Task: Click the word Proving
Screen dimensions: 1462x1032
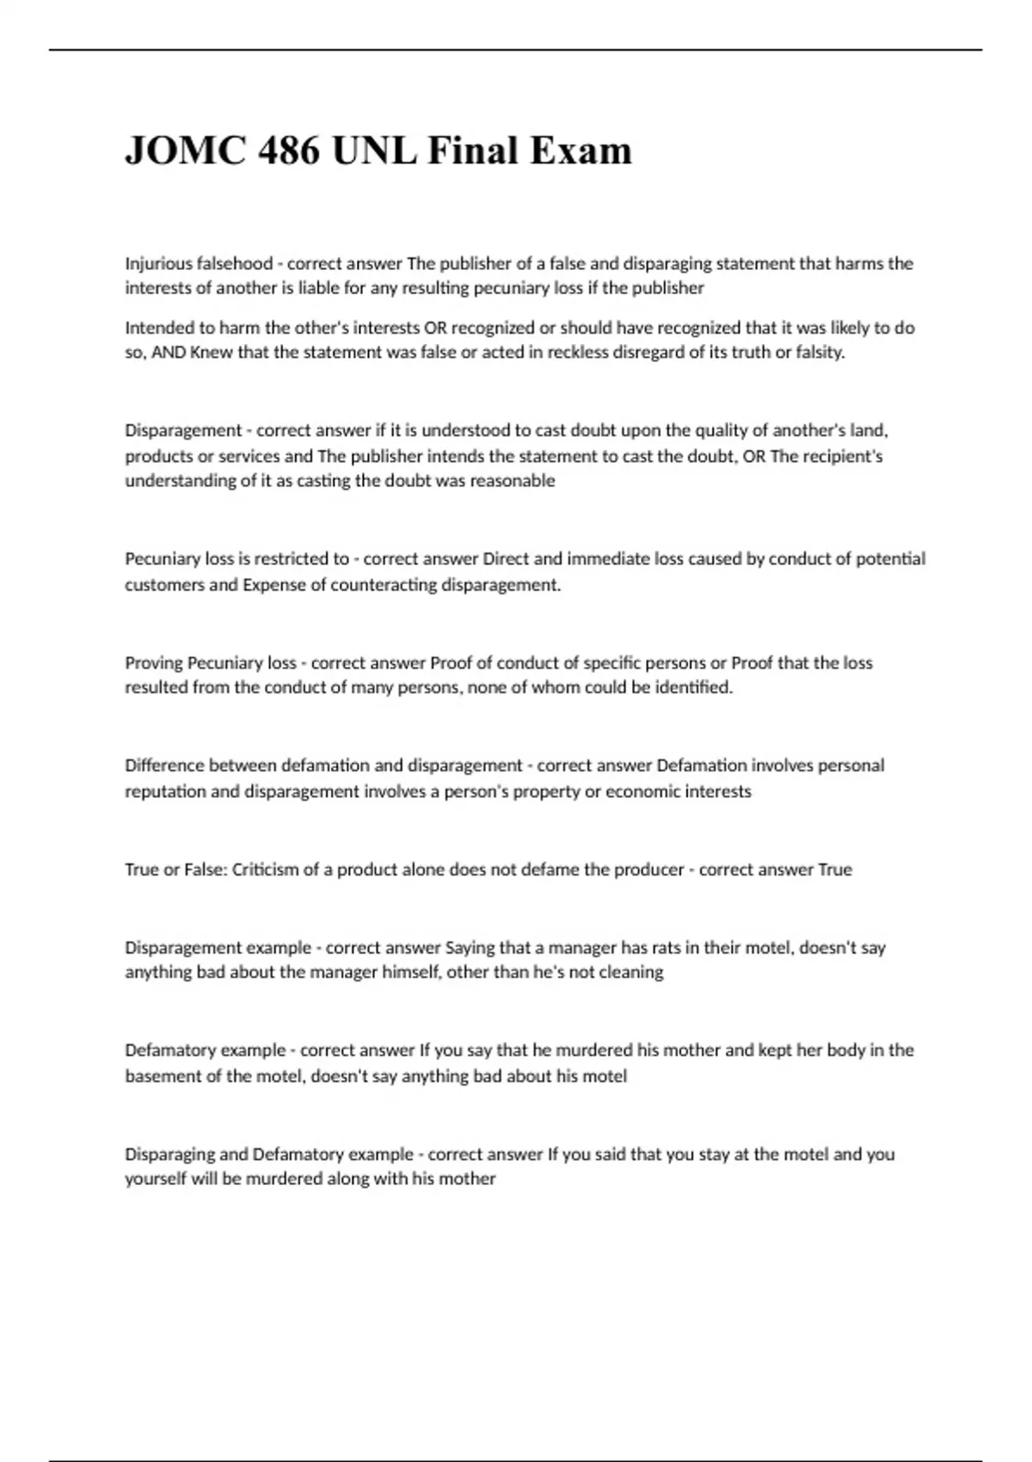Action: pos(154,663)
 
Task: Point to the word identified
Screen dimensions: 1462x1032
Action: pos(693,688)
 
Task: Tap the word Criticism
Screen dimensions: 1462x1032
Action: pos(265,869)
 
